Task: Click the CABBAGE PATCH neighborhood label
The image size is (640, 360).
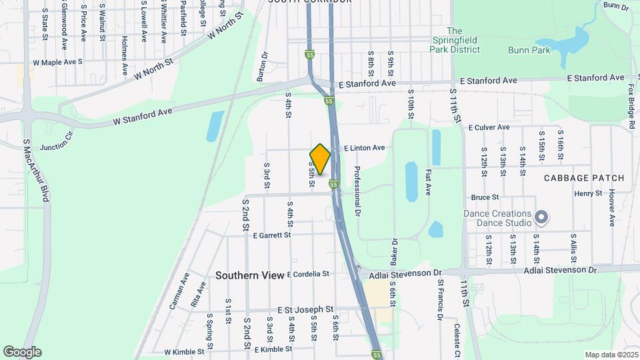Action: pos(584,178)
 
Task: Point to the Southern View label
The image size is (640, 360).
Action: pos(249,275)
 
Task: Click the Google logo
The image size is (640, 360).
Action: pos(22,351)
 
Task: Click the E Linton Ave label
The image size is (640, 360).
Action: pos(364,147)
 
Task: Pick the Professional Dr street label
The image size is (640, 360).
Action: pos(357,191)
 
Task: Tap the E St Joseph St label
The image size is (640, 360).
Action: pos(305,309)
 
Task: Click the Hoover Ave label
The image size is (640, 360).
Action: pos(611,207)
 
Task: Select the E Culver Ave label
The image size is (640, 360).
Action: pos(489,127)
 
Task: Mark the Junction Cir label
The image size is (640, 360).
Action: pos(57,146)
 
